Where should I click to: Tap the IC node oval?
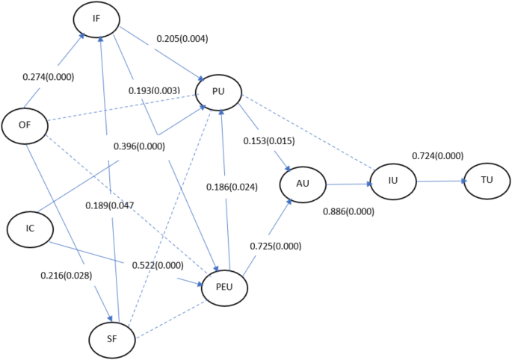pyautogui.click(x=29, y=229)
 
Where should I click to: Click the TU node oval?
pyautogui.click(x=487, y=181)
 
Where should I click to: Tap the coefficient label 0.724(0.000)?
pyautogui.click(x=438, y=155)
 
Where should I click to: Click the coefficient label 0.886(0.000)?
pyautogui.click(x=348, y=211)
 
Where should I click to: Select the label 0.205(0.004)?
pyautogui.click(x=182, y=37)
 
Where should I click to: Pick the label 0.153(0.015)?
pyautogui.click(x=269, y=141)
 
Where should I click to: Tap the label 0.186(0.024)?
pyautogui.click(x=232, y=187)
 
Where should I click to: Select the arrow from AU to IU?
pyautogui.click(x=349, y=183)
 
